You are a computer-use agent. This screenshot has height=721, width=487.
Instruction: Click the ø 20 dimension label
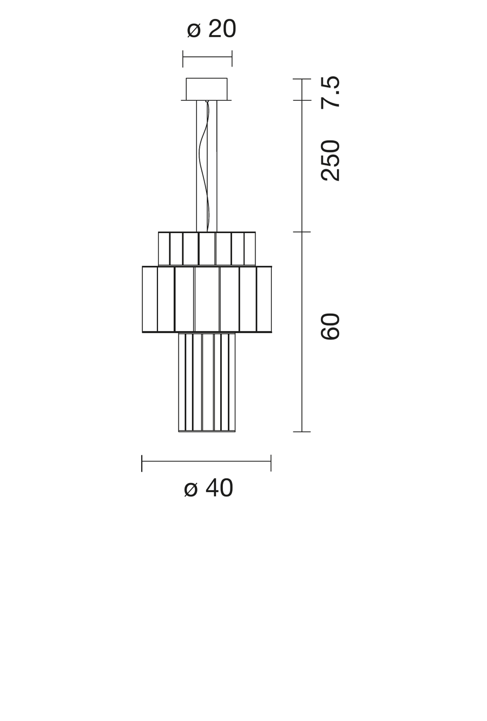click(211, 29)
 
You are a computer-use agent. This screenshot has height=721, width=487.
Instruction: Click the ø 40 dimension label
click(208, 488)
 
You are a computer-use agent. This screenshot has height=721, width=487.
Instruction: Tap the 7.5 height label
click(330, 92)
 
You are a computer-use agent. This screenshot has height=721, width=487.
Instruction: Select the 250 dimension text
click(330, 160)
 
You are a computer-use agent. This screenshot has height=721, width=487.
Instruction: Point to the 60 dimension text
click(330, 326)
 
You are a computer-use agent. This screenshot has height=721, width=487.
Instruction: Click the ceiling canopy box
click(207, 89)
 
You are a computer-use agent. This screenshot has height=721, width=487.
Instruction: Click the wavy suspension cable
click(204, 166)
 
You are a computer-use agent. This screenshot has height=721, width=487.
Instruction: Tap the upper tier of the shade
click(207, 248)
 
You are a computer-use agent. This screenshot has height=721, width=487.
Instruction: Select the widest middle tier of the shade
click(207, 299)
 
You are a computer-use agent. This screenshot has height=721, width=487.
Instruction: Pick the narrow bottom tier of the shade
click(207, 382)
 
